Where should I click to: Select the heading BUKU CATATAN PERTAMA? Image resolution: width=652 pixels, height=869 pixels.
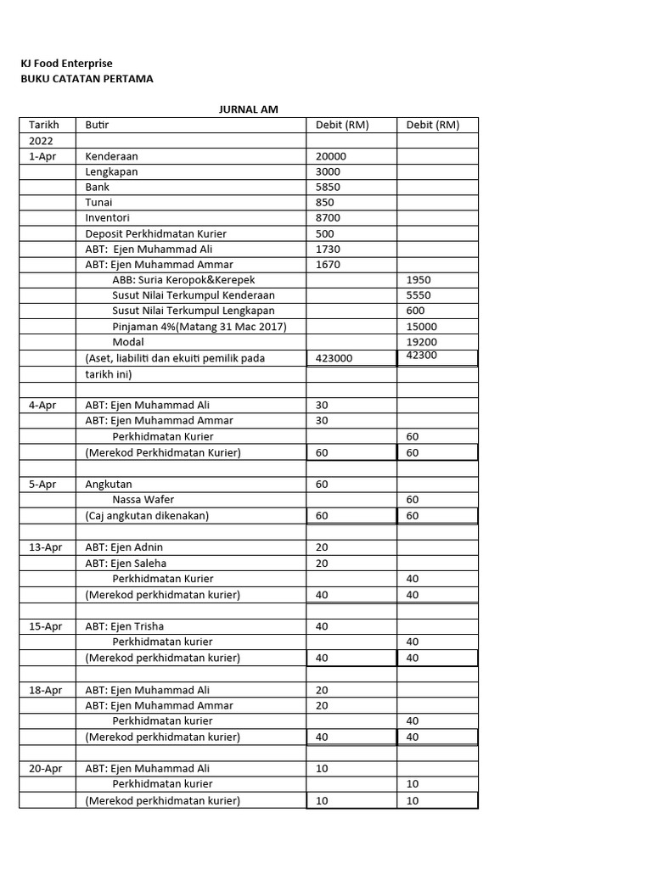tap(87, 79)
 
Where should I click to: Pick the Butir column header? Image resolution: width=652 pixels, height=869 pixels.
tap(97, 125)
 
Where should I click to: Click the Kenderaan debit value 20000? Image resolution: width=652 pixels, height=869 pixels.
tap(331, 156)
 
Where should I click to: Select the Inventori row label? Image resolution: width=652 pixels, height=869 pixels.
tap(108, 218)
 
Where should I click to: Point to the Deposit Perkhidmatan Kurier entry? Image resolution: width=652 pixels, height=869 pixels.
tap(155, 233)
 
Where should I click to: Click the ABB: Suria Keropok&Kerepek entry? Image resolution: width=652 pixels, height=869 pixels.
tap(183, 280)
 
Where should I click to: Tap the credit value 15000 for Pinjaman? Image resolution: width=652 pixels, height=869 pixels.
tap(422, 327)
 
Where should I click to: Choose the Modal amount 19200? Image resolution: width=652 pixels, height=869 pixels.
tap(422, 342)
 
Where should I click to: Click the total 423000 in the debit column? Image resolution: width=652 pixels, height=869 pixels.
tap(334, 358)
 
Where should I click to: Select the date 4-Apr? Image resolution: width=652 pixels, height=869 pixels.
tap(42, 405)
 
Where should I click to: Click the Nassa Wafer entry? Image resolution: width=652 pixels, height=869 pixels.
tap(143, 500)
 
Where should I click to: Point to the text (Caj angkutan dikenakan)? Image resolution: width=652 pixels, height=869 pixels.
tap(147, 515)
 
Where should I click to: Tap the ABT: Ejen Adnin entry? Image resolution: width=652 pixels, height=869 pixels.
tap(124, 547)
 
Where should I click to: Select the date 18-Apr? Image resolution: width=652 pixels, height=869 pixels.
tap(46, 690)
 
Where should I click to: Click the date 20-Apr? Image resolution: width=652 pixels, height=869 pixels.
tap(46, 769)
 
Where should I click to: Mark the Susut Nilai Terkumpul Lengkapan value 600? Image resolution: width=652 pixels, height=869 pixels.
tap(415, 311)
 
